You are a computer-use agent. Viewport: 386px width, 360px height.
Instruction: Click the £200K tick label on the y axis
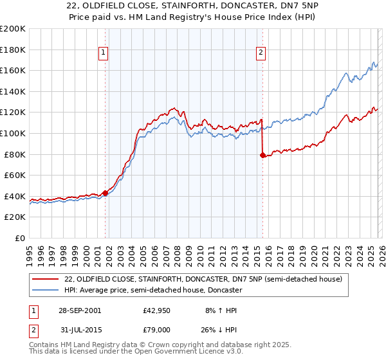point(13,29)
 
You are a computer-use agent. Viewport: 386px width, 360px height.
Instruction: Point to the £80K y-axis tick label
point(15,154)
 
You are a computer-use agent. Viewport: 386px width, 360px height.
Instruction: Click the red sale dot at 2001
point(106,193)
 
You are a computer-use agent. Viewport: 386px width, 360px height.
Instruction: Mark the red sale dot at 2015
point(262,155)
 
